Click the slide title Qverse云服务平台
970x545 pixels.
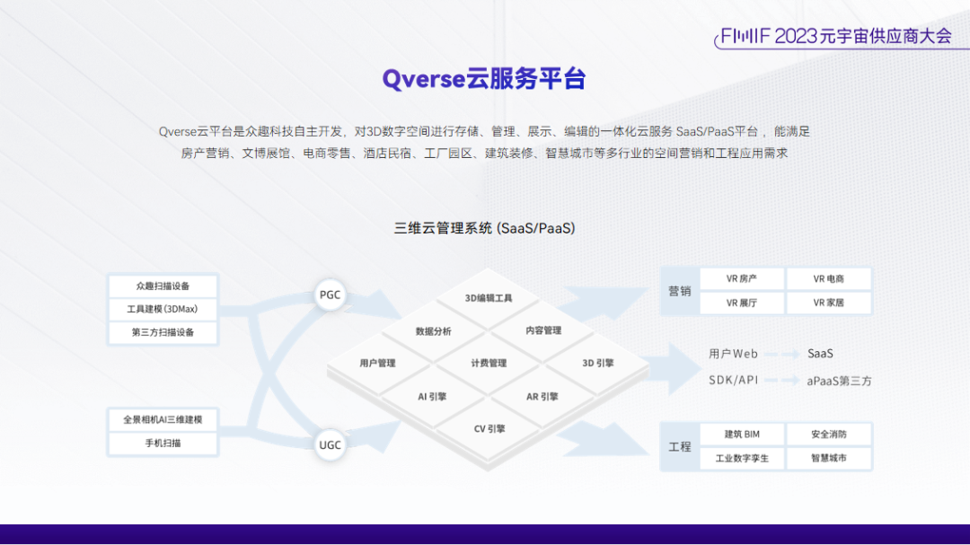pyautogui.click(x=484, y=79)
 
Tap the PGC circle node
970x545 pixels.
pyautogui.click(x=331, y=295)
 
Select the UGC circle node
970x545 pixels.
pyautogui.click(x=331, y=444)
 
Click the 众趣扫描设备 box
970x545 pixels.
pyautogui.click(x=163, y=286)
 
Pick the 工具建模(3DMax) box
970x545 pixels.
pyautogui.click(x=163, y=309)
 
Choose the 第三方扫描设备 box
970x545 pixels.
pyautogui.click(x=163, y=332)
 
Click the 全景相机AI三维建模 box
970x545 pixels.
pyautogui.click(x=163, y=419)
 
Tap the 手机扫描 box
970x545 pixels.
pyautogui.click(x=163, y=443)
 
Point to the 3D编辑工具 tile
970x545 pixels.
pyautogui.click(x=489, y=298)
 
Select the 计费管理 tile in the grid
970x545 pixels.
pyautogui.click(x=489, y=364)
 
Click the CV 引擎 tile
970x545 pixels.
pyautogui.click(x=489, y=429)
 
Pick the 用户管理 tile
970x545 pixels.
pyautogui.click(x=377, y=364)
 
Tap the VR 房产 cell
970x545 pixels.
pyautogui.click(x=742, y=279)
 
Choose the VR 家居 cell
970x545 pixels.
pyautogui.click(x=829, y=303)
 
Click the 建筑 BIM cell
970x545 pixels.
pyautogui.click(x=742, y=435)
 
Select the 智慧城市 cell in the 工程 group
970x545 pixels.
pyautogui.click(x=829, y=458)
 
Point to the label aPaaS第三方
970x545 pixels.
pyautogui.click(x=839, y=381)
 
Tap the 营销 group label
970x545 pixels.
pyautogui.click(x=680, y=291)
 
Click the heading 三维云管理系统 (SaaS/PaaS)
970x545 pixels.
pyautogui.click(x=484, y=228)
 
